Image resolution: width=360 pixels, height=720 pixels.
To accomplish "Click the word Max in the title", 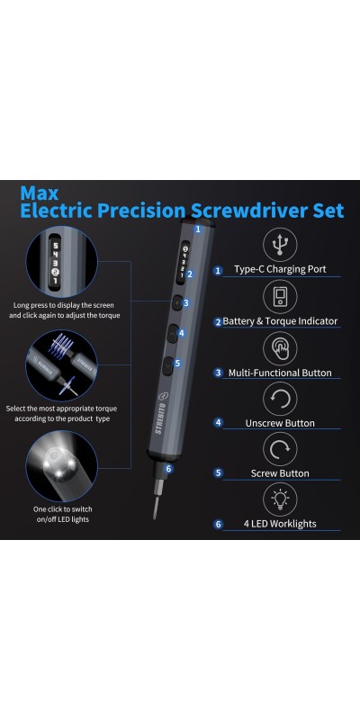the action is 40,193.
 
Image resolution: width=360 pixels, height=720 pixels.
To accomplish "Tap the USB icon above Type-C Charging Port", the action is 280,245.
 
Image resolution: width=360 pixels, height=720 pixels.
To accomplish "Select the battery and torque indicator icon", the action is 280,297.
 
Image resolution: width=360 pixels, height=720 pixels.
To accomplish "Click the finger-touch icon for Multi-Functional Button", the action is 280,348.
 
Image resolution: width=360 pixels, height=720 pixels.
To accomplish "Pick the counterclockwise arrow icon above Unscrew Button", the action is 280,399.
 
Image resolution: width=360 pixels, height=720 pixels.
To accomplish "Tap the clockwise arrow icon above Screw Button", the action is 280,449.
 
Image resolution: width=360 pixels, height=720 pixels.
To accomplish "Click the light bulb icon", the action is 280,499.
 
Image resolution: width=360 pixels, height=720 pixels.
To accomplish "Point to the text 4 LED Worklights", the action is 280,524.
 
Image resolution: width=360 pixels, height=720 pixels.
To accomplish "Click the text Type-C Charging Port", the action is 280,269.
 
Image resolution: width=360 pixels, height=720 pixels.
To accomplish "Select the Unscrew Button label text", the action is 280,423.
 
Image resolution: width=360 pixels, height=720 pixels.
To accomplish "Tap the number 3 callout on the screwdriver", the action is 185,303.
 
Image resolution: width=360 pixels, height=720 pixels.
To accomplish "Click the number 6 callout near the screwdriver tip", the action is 169,468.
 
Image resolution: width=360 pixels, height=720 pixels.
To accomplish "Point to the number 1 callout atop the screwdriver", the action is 198,229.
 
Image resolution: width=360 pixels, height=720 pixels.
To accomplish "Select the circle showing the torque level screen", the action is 61,260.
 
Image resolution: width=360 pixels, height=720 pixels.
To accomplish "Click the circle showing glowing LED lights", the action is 61,466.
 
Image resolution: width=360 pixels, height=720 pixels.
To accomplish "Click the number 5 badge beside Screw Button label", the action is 218,473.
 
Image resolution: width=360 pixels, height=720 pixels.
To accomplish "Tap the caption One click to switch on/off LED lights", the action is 62,514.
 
